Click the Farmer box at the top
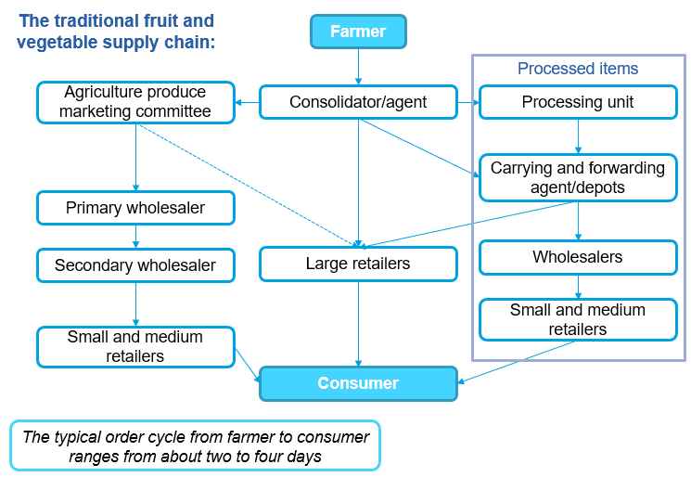coord(357,32)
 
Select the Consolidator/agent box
coord(358,102)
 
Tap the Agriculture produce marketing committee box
coord(135,102)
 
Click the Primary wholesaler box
coord(135,208)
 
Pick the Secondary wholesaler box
coord(135,265)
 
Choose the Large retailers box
coord(358,264)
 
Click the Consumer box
coord(358,383)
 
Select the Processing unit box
coord(578,102)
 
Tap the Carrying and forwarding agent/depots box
coord(578,177)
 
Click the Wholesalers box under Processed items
coord(578,257)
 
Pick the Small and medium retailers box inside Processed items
coord(578,319)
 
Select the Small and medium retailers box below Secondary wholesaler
coord(135,346)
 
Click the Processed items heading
coord(578,69)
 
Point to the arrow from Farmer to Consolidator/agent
coord(358,67)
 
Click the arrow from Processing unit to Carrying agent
coord(578,136)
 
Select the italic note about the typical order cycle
coord(195,446)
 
